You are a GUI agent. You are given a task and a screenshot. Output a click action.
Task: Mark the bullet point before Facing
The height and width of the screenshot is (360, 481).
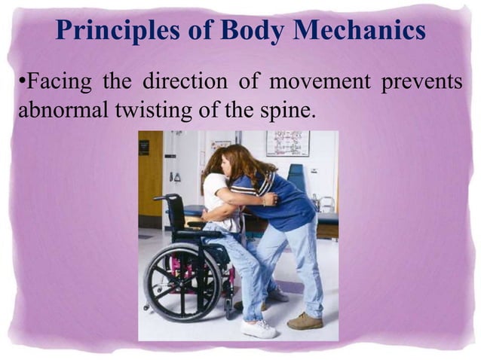pos(20,82)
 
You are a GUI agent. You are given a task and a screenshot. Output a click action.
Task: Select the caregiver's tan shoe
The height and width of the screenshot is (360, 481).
pos(305,321)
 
